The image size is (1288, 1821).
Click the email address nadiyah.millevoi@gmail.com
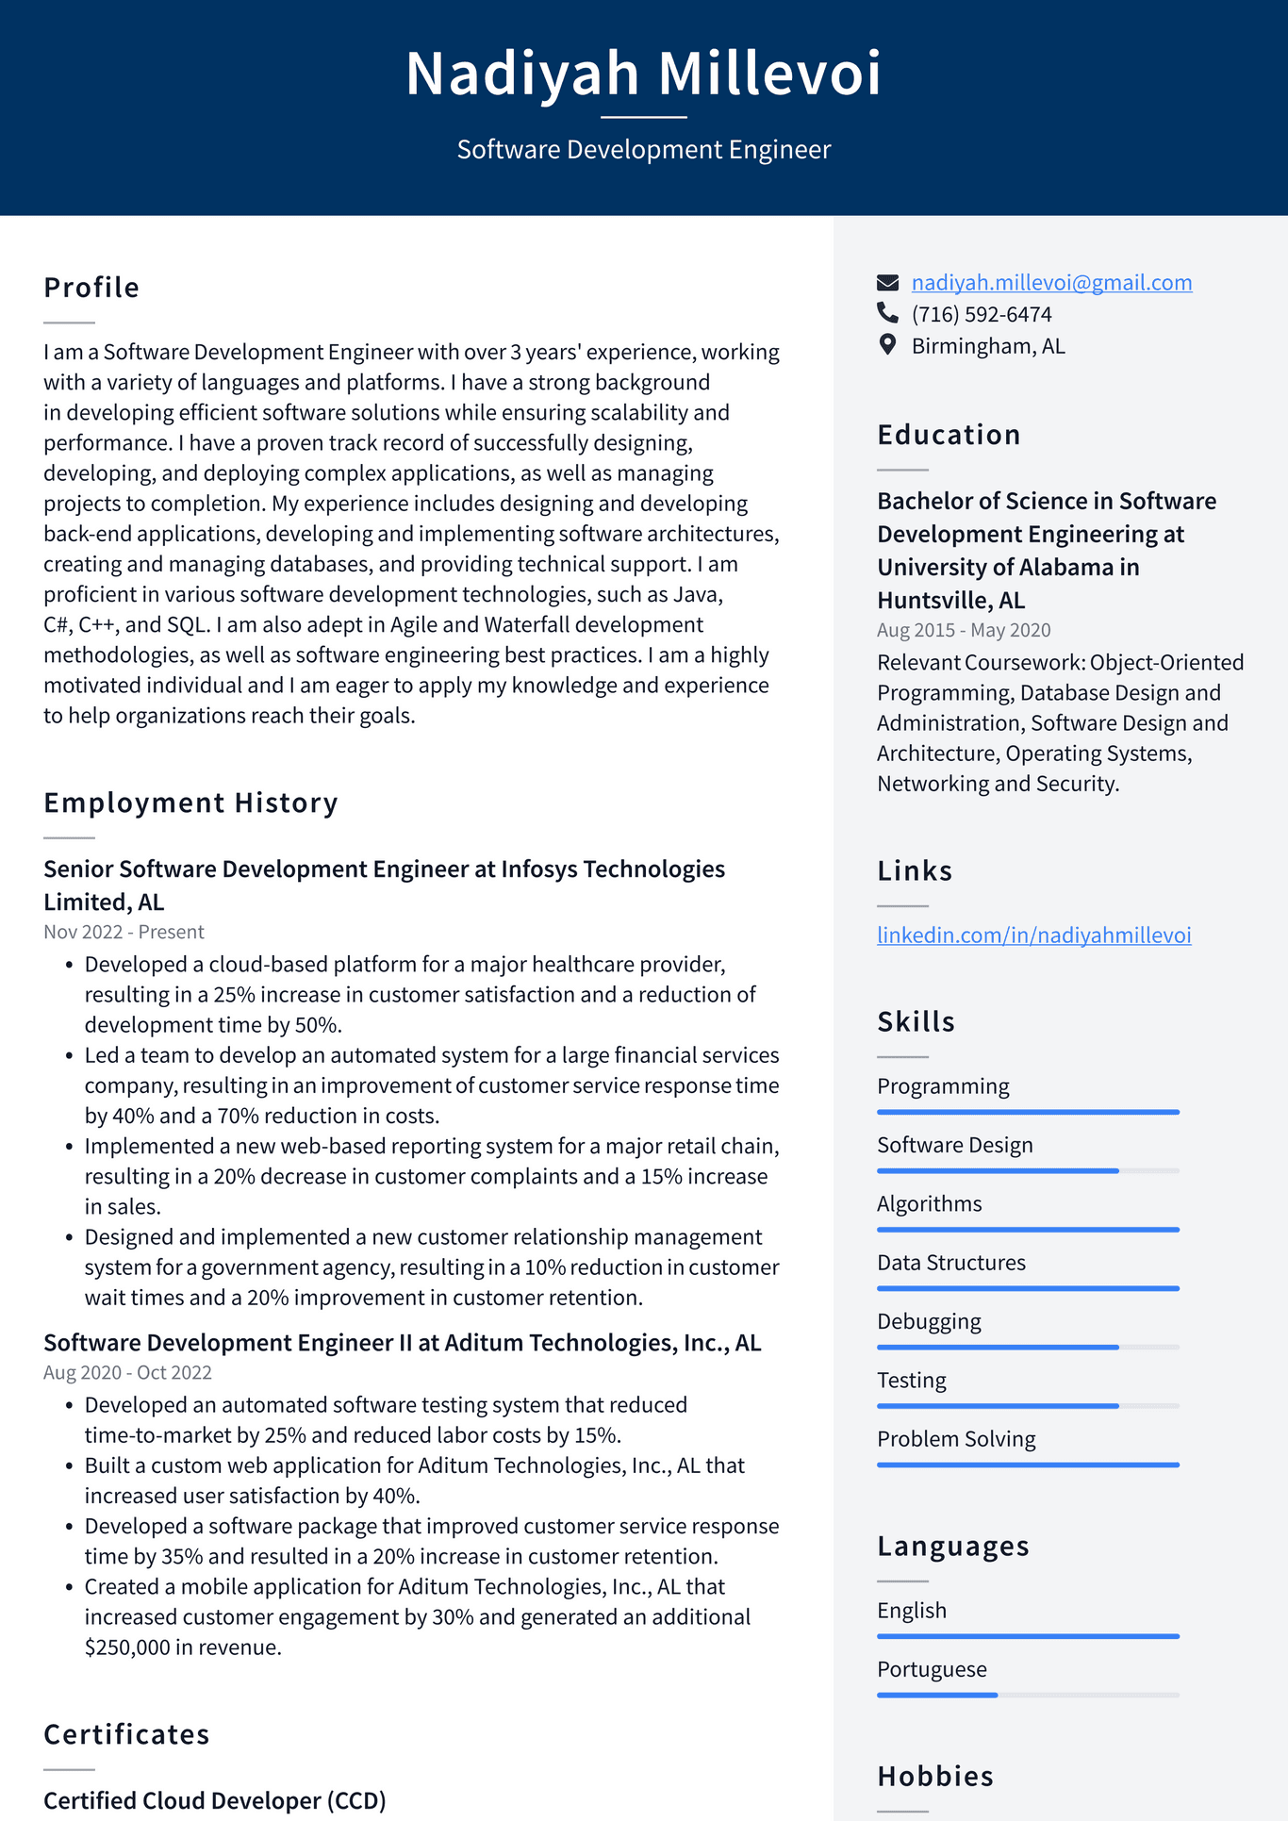pos(1051,283)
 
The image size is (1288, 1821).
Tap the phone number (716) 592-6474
pos(981,314)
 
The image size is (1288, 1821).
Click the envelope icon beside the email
pos(887,283)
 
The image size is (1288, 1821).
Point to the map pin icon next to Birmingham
pos(887,345)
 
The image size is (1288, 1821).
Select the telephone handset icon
pos(887,312)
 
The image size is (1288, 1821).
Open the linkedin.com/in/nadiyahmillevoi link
pos(1033,935)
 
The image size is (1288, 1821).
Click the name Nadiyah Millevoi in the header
pos(643,73)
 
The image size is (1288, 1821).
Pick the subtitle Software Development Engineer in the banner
pos(643,150)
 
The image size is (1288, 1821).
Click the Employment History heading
pos(190,803)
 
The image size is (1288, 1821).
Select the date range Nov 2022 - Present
pos(124,932)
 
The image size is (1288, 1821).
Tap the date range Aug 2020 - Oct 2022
pos(127,1372)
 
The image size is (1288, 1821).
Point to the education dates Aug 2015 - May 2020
pos(963,630)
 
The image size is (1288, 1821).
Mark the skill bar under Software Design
pos(1028,1170)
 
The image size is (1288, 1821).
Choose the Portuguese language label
pos(932,1669)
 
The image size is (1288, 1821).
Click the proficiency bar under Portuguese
pos(1028,1695)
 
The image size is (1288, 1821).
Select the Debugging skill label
pos(929,1321)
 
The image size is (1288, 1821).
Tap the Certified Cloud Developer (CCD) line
pos(215,1800)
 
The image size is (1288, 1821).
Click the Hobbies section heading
pos(934,1776)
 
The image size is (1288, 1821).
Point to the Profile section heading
pos(91,288)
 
